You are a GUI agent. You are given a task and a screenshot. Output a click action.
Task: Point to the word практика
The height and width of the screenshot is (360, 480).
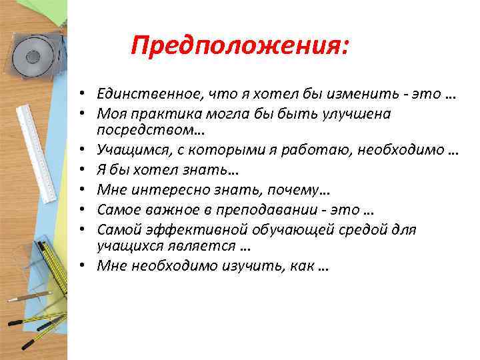[161, 114]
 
